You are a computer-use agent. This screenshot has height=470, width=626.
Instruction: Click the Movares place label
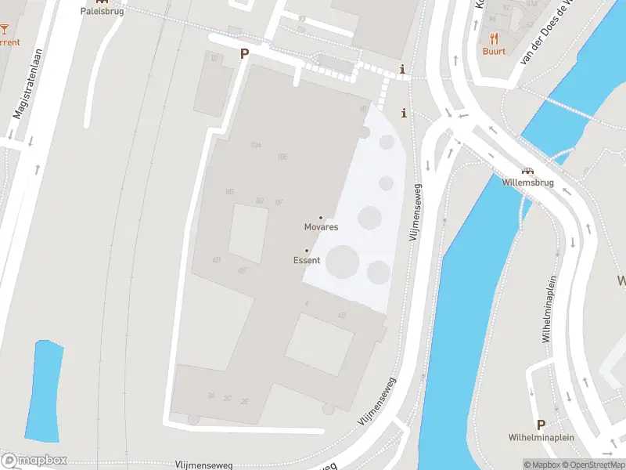(321, 227)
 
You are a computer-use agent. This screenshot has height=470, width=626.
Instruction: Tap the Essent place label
(307, 260)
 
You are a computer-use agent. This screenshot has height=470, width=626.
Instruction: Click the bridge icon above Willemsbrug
(527, 172)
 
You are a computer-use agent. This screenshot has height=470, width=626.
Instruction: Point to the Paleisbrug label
(102, 12)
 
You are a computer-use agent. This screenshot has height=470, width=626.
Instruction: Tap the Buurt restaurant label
(494, 51)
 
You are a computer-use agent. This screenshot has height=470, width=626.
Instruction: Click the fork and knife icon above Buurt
(494, 38)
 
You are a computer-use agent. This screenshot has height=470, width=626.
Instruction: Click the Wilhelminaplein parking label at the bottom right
(540, 437)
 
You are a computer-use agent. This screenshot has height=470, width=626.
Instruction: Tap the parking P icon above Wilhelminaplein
(540, 425)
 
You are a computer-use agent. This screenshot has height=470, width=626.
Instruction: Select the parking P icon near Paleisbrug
(244, 54)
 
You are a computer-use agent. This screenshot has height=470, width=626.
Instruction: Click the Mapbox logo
(34, 461)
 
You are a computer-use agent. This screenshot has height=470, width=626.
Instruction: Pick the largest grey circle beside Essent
(342, 261)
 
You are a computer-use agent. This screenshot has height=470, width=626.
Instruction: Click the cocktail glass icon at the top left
(4, 29)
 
